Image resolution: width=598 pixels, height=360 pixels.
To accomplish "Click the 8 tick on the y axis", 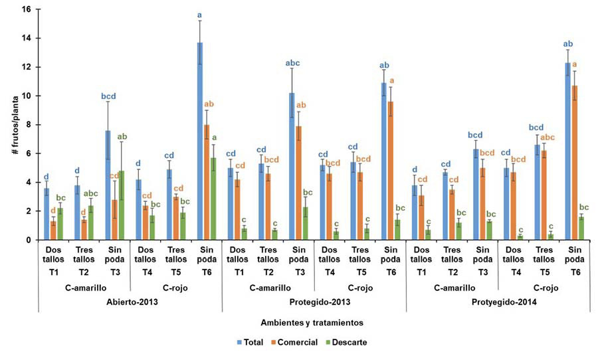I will (28, 125).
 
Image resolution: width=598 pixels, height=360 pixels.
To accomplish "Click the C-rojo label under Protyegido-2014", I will (544, 288).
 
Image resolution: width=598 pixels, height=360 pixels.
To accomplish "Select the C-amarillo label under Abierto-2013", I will (84, 288).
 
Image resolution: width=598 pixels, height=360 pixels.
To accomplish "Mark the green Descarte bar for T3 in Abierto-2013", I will (123, 205).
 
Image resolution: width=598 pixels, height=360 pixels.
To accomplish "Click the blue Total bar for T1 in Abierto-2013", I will (47, 214).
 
